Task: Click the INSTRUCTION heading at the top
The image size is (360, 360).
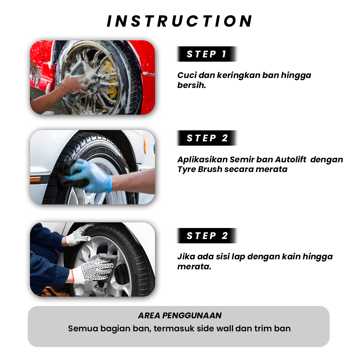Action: pos(180,21)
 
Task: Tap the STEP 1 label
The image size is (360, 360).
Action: pos(207,54)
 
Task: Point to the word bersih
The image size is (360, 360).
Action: pos(191,85)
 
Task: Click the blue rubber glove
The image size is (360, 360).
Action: pos(90,176)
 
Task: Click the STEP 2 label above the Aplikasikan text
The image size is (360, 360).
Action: pos(207,138)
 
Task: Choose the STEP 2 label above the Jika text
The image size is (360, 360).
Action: pos(207,236)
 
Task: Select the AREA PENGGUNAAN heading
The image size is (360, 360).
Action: pos(180,315)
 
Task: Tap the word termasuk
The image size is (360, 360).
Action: pos(174,329)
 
